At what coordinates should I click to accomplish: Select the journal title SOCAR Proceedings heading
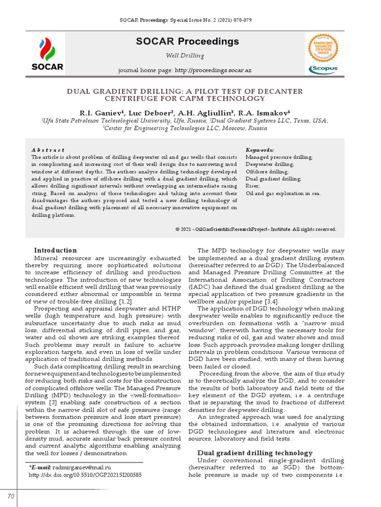[x=187, y=41]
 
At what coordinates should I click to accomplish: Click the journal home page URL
[x=213, y=70]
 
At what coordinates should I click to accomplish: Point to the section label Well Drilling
[x=184, y=55]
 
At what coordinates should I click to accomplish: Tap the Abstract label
[x=48, y=150]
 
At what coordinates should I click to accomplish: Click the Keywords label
[x=260, y=150]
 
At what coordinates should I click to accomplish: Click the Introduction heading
[x=55, y=250]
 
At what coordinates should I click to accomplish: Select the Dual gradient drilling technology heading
[x=255, y=453]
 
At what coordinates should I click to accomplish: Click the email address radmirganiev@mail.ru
[x=82, y=467]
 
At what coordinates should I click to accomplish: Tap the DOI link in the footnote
[x=85, y=474]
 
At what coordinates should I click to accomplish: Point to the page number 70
[x=10, y=496]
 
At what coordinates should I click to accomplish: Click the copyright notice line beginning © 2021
[x=255, y=229]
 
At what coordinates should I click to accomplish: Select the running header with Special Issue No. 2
[x=186, y=19]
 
